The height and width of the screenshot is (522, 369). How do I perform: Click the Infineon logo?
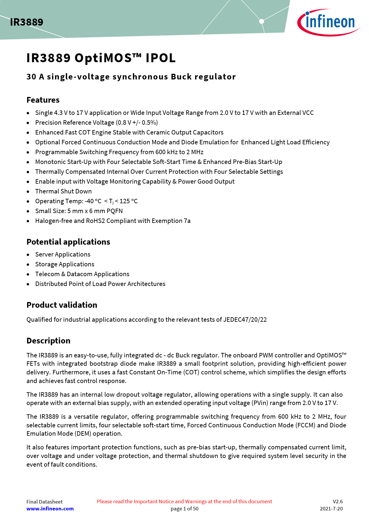pos(329,22)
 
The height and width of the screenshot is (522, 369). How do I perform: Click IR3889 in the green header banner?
pos(26,22)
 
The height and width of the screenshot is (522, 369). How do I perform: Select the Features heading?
pos(43,100)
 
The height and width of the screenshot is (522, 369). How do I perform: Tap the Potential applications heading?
pos(68,242)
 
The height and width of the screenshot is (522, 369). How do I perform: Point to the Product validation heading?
pos(62,305)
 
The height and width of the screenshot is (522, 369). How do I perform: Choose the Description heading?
pos(48,341)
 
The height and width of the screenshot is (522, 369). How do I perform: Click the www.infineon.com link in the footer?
pos(50,509)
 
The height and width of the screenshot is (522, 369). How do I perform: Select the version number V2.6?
pos(338,501)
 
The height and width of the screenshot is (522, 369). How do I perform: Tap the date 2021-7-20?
pos(331,509)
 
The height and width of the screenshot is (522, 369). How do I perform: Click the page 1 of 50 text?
pos(185,509)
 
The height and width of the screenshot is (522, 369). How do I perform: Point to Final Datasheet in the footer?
pos(44,502)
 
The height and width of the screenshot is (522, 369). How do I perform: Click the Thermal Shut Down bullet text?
pos(63,191)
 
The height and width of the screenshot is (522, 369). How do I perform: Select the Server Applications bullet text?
pos(63,254)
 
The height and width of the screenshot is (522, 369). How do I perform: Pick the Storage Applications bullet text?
pos(65,264)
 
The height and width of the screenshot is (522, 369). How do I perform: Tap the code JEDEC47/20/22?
pos(245,320)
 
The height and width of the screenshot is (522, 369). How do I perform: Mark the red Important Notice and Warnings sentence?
pos(185,501)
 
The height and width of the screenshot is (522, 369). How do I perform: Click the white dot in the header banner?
pos(262,21)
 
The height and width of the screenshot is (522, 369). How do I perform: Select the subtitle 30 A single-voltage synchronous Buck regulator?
pos(131,77)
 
